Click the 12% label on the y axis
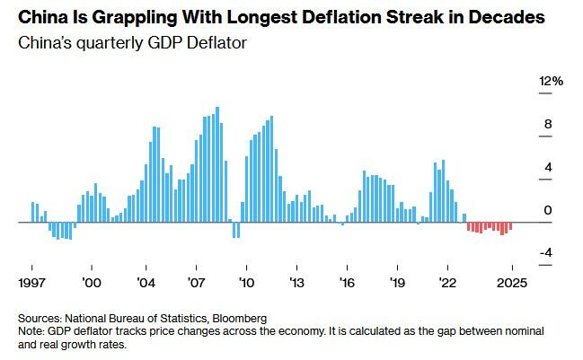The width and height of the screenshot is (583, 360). pos(551,82)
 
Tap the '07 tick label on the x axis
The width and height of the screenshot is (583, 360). pos(197,282)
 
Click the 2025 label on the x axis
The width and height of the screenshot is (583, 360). pos(512,282)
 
